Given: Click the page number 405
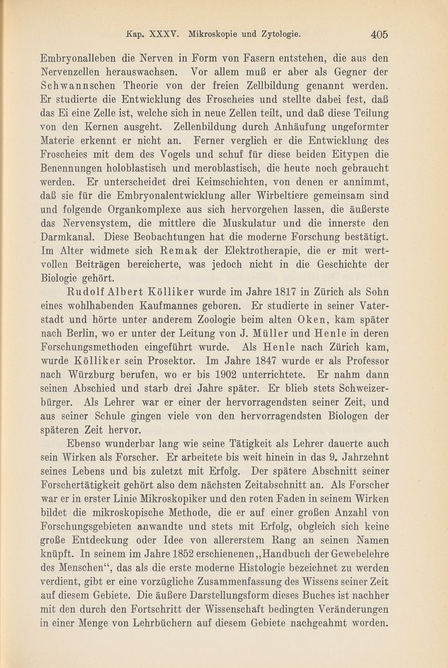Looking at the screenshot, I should tap(379, 34).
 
